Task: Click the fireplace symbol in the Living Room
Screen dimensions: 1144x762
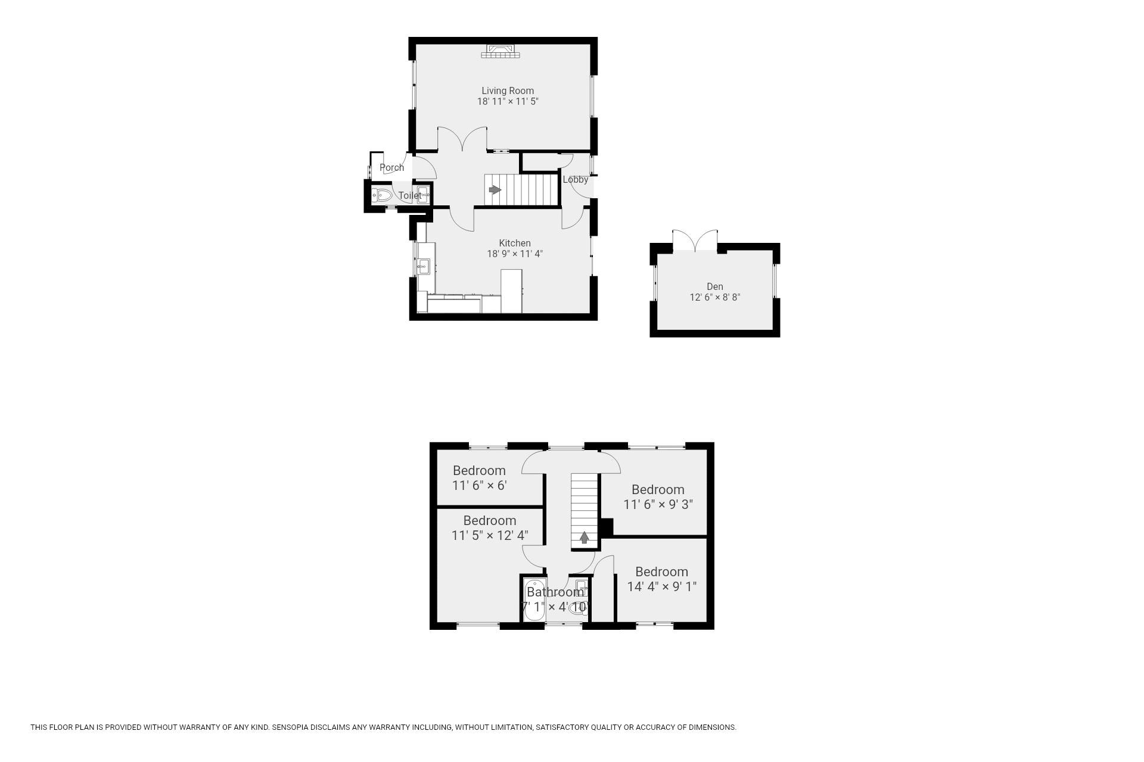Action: (x=501, y=51)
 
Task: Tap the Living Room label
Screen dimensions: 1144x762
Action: (x=508, y=90)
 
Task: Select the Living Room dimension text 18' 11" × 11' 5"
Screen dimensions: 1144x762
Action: (x=508, y=101)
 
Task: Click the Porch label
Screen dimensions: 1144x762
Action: (x=391, y=167)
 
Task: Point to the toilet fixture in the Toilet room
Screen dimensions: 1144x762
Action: (x=382, y=195)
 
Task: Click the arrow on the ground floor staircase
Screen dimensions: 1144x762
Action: (x=495, y=190)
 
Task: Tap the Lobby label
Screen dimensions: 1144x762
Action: (x=576, y=179)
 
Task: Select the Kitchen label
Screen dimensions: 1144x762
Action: (x=515, y=243)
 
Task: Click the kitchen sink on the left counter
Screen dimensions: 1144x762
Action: (x=424, y=266)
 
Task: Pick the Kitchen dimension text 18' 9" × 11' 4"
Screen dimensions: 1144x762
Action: (x=515, y=254)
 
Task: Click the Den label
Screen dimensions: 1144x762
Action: (x=715, y=286)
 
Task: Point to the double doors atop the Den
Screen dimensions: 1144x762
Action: (x=695, y=241)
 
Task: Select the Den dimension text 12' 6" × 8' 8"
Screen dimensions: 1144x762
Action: (x=715, y=297)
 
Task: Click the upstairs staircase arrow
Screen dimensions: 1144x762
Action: (x=585, y=538)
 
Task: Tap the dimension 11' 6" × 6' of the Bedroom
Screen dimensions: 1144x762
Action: (x=480, y=485)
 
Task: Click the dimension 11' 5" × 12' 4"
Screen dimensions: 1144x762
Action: (x=490, y=535)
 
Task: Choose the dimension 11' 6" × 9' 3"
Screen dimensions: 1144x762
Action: (x=658, y=504)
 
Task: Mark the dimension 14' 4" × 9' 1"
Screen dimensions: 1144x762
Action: (x=662, y=586)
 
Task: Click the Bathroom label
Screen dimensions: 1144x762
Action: (x=555, y=592)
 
